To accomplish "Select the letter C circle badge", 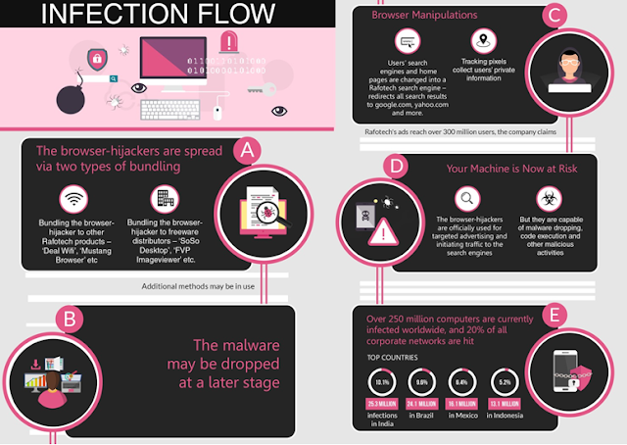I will pos(555,15).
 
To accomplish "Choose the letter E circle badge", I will pos(555,315).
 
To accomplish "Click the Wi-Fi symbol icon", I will pos(71,201).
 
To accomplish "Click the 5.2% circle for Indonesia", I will pos(505,382).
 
